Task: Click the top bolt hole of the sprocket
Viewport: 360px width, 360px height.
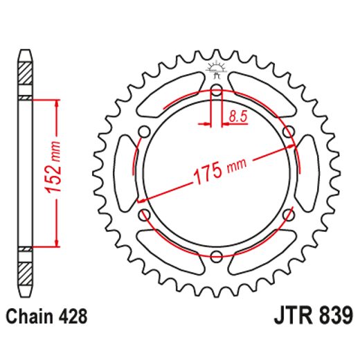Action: pyautogui.click(x=215, y=93)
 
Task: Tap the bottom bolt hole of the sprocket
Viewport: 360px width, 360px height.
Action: pyautogui.click(x=215, y=258)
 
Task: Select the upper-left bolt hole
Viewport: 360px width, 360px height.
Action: pyautogui.click(x=144, y=133)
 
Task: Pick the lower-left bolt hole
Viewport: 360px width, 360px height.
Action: pyautogui.click(x=144, y=216)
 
